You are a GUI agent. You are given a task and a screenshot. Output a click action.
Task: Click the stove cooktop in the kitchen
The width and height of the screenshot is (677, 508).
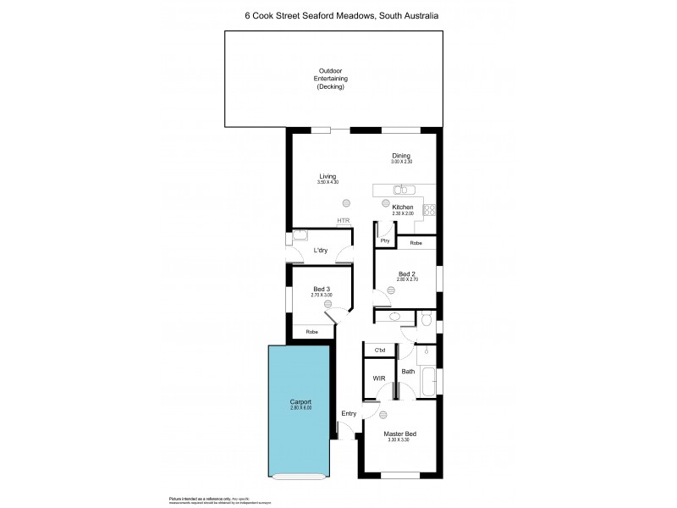pyautogui.click(x=429, y=208)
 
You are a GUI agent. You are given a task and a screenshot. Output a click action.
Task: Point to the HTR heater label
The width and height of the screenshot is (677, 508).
pyautogui.click(x=343, y=221)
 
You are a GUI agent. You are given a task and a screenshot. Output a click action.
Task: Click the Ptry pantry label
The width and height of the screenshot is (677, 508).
pyautogui.click(x=385, y=242)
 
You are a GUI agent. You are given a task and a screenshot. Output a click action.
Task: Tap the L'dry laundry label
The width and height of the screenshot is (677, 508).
pyautogui.click(x=321, y=251)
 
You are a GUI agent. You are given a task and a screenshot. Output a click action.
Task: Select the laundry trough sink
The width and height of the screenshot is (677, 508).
pyautogui.click(x=300, y=236)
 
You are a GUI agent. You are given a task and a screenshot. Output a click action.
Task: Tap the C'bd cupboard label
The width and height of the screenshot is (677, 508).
pyautogui.click(x=380, y=350)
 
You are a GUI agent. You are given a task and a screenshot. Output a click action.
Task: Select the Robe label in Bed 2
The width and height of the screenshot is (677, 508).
pyautogui.click(x=416, y=243)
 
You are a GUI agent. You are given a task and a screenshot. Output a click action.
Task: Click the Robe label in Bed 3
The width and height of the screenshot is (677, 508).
pyautogui.click(x=312, y=332)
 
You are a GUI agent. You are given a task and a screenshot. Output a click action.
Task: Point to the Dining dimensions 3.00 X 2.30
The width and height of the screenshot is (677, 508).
pyautogui.click(x=402, y=161)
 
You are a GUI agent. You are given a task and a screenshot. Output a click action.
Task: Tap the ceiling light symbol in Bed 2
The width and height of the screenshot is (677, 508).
pyautogui.click(x=390, y=290)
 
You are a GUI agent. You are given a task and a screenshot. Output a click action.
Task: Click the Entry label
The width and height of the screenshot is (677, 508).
pyautogui.click(x=348, y=413)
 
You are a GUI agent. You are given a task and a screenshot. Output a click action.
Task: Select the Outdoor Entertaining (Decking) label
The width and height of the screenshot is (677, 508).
pyautogui.click(x=331, y=79)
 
